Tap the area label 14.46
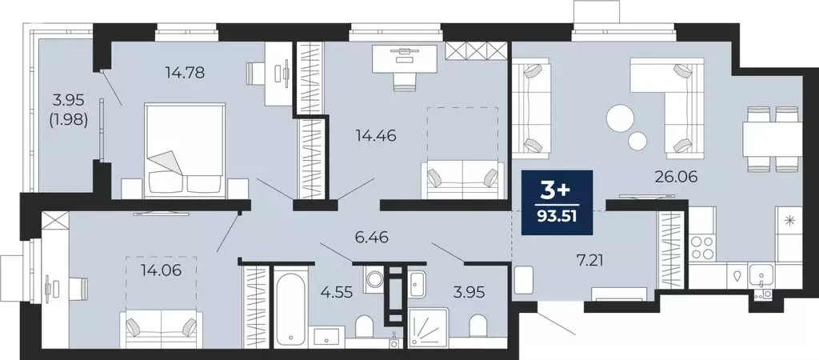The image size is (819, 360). [x=376, y=135]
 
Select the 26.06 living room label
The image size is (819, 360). [x=678, y=177]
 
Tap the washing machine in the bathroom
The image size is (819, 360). [x=374, y=279]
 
